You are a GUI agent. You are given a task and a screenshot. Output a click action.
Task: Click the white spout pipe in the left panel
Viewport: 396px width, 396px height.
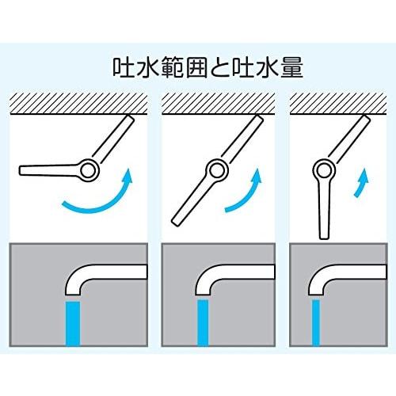click(x=95, y=274)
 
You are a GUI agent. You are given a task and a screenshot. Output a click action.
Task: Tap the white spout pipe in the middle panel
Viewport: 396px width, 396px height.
click(x=226, y=274)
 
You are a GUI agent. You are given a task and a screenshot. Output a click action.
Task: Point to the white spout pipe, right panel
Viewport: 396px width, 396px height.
click(x=341, y=274)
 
